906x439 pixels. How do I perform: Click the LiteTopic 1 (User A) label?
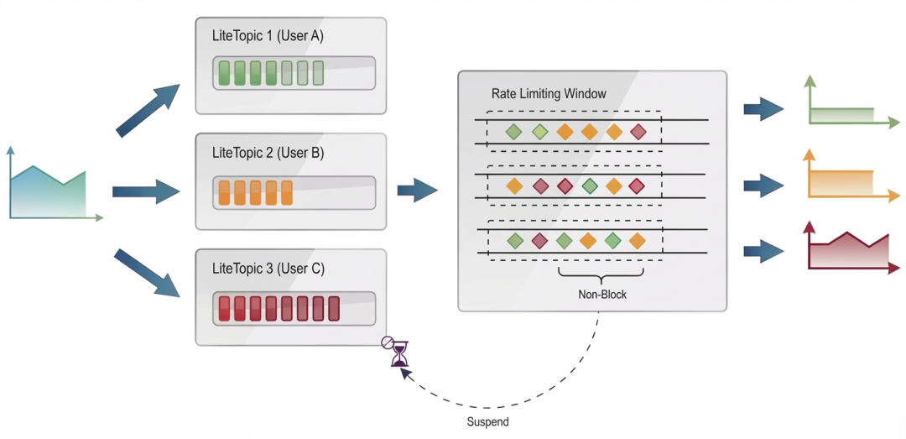[268, 37]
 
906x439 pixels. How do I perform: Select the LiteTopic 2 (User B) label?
[268, 154]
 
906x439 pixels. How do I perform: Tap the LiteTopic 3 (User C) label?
[268, 269]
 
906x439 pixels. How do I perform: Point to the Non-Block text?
[601, 295]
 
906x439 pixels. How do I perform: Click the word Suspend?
[487, 421]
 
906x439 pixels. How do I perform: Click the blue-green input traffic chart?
[49, 191]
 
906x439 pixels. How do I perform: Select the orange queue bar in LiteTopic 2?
[294, 192]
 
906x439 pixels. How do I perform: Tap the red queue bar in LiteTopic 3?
[294, 308]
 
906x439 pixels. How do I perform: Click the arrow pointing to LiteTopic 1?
[150, 109]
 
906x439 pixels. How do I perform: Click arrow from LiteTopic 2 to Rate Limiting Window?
[417, 190]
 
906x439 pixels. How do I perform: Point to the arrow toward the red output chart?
[763, 249]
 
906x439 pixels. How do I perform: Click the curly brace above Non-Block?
[601, 274]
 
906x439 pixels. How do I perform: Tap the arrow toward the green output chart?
[763, 109]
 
